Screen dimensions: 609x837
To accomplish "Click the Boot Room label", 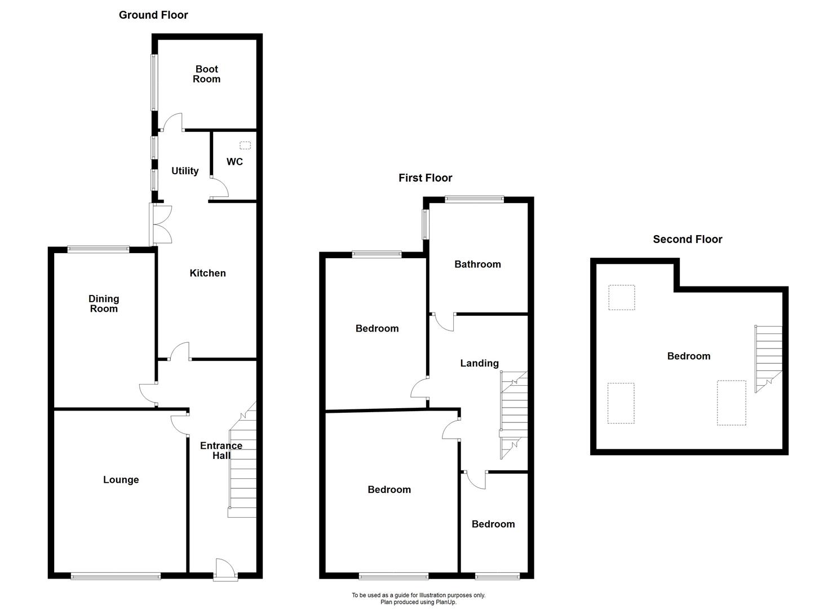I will tap(206, 74).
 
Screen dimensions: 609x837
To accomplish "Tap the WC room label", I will tap(234, 162).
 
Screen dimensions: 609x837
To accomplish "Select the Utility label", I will tap(185, 171).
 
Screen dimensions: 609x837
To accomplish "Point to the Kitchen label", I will tap(207, 273).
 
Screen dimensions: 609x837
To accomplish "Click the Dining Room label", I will tap(104, 303).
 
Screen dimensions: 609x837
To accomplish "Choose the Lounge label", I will tap(121, 480).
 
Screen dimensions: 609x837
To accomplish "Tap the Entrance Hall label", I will tap(221, 450).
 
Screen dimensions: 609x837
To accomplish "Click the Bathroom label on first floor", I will tap(477, 264).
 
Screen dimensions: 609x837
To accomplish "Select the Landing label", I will tap(479, 363).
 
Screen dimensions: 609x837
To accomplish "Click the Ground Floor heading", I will tap(153, 15).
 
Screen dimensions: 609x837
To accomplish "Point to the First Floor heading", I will tap(425, 178).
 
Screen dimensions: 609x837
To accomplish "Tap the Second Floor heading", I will tap(687, 239).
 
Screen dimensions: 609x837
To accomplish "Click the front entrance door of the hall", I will tap(225, 569).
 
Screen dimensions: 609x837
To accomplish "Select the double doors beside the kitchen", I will tap(161, 224).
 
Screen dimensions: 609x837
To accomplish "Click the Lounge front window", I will tap(116, 576).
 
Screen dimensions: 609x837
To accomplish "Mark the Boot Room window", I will tap(154, 82).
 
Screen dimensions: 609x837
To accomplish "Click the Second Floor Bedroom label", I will tap(688, 356).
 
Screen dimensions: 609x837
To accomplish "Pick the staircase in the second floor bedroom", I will tap(768, 358).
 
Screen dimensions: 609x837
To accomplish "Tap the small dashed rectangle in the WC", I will tap(245, 145).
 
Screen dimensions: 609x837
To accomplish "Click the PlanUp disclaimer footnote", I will tap(418, 598).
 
